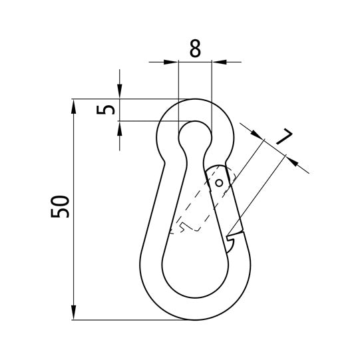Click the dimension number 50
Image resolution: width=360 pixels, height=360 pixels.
pyautogui.click(x=60, y=207)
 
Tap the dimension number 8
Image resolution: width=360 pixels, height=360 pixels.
pyautogui.click(x=195, y=49)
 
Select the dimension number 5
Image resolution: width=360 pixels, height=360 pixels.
pyautogui.click(x=105, y=110)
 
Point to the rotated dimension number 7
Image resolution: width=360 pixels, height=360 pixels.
pyautogui.click(x=284, y=137)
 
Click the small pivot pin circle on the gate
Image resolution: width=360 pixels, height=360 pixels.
pyautogui.click(x=219, y=183)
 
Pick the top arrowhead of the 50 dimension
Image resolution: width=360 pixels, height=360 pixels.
pyautogui.click(x=73, y=106)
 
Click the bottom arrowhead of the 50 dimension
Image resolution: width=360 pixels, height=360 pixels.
pyautogui.click(x=73, y=312)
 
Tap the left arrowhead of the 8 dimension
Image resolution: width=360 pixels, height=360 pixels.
pyautogui.click(x=170, y=62)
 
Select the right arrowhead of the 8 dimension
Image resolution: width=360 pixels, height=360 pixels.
pyautogui.click(x=219, y=62)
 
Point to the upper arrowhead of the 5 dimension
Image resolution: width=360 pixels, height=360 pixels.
pyautogui.click(x=120, y=91)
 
